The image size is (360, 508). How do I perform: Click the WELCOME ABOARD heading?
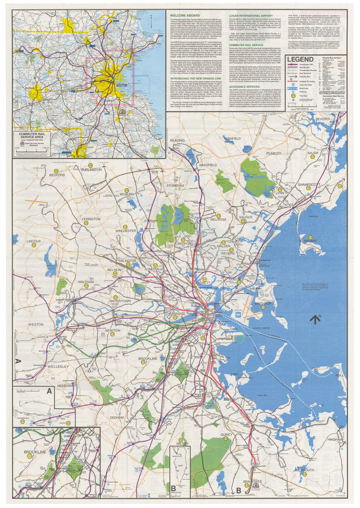tap(184, 15)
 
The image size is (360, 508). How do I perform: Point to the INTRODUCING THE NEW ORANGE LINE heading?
tap(196, 79)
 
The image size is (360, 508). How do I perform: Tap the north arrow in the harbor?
tap(314, 318)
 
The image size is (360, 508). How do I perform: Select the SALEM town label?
tap(312, 153)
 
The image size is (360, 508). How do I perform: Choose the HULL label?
tap(340, 375)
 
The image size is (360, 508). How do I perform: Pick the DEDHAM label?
tap(117, 417)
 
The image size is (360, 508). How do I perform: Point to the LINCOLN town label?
tap(33, 241)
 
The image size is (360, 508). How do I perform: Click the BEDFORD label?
tap(57, 176)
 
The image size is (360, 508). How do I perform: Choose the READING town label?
tap(177, 141)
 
